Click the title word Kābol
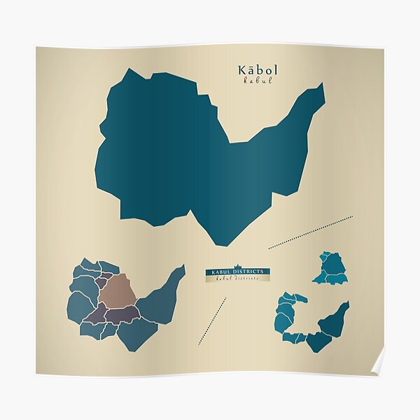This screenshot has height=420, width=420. (x=258, y=70)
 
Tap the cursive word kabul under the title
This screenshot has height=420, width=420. (x=258, y=80)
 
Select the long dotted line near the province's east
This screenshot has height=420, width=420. (x=310, y=232)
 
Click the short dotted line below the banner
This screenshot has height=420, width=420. (x=212, y=321)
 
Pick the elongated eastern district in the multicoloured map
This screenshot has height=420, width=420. (x=162, y=297)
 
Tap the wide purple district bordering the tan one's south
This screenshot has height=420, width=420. (x=122, y=314)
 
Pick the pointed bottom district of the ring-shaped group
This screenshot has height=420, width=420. (x=318, y=342)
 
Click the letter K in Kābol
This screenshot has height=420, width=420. (x=243, y=70)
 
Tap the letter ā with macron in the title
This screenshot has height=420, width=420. (x=253, y=70)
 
